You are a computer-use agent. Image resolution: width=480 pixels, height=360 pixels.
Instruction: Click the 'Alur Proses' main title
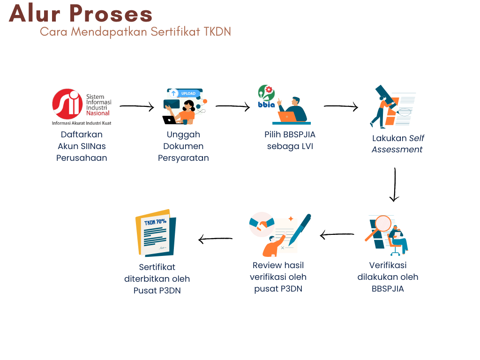[81, 14]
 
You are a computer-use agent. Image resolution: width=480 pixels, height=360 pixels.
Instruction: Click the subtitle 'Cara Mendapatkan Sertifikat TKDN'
[135, 32]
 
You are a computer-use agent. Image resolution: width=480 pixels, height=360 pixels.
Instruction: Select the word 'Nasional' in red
[98, 113]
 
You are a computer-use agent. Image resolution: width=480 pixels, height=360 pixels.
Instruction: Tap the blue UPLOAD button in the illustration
[188, 94]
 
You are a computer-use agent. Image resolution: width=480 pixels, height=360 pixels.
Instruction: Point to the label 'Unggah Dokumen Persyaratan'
[183, 146]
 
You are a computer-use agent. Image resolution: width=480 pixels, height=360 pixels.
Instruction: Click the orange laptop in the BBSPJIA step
[287, 117]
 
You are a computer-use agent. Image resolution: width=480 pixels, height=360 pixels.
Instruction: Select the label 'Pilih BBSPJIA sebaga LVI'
[290, 140]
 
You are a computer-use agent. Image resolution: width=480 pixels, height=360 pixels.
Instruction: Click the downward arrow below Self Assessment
[395, 184]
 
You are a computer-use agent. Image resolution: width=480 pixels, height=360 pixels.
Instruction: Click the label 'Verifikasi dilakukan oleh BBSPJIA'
[388, 277]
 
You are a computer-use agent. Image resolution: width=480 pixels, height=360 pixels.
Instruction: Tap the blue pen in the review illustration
[300, 229]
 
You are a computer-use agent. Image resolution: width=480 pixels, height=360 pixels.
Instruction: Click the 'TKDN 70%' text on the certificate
[155, 222]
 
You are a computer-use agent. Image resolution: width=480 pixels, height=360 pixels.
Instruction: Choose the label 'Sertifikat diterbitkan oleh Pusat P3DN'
[157, 279]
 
